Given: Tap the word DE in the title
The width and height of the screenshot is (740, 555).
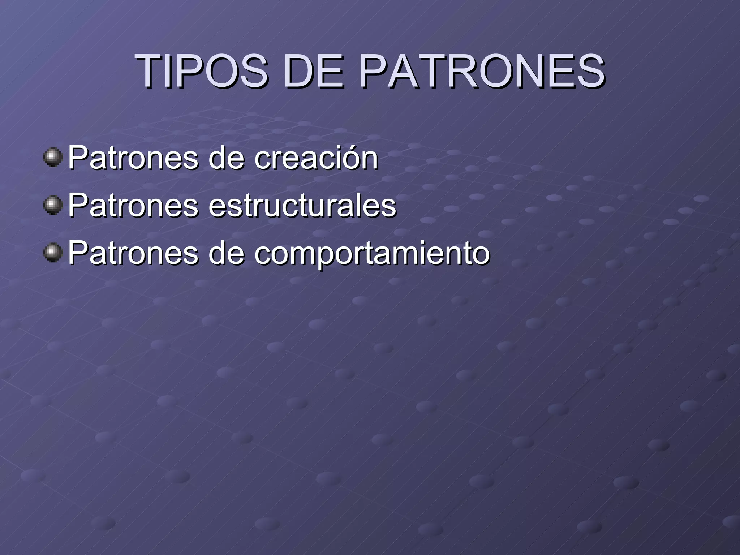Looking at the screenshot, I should pyautogui.click(x=313, y=71).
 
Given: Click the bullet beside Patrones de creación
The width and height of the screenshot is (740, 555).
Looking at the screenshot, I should pyautogui.click(x=53, y=157).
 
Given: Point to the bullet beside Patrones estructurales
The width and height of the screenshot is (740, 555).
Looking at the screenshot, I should pyautogui.click(x=53, y=205).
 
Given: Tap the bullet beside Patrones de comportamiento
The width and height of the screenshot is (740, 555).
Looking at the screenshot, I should pyautogui.click(x=53, y=253).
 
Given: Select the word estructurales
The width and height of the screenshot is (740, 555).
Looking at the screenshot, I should pyautogui.click(x=302, y=206).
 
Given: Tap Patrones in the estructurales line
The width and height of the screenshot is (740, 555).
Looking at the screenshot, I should pyautogui.click(x=133, y=206).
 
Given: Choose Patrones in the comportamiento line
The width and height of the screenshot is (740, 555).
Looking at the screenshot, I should pyautogui.click(x=133, y=253).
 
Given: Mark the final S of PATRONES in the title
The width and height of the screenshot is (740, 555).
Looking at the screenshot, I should pyautogui.click(x=591, y=71).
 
